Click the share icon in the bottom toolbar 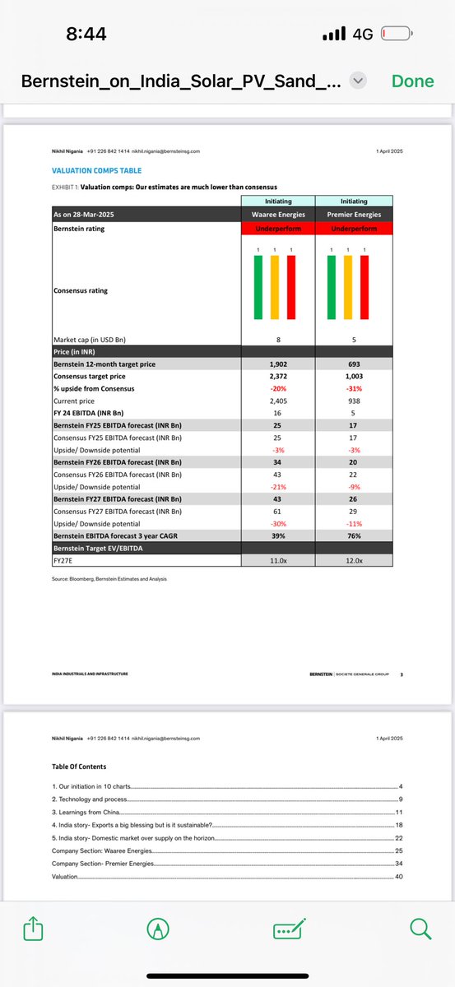pyautogui.click(x=32, y=929)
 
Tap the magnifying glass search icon pyautogui.click(x=420, y=929)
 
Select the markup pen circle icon pyautogui.click(x=156, y=929)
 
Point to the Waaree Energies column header pyautogui.click(x=278, y=215)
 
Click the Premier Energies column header pyautogui.click(x=354, y=215)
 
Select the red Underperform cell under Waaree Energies pyautogui.click(x=278, y=229)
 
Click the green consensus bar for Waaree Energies pyautogui.click(x=258, y=287)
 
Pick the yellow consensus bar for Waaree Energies pyautogui.click(x=274, y=287)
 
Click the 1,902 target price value pyautogui.click(x=278, y=363)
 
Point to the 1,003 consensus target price pyautogui.click(x=354, y=375)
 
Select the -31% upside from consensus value pyautogui.click(x=354, y=387)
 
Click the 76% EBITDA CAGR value pyautogui.click(x=354, y=535)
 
